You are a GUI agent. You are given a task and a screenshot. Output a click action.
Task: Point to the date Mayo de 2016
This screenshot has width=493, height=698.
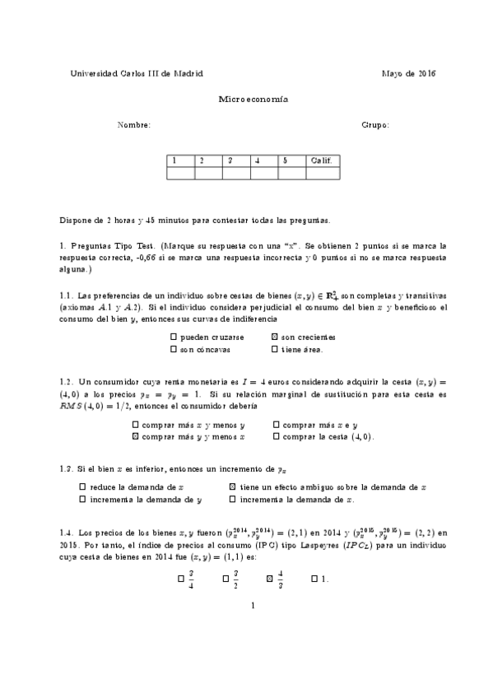(409, 73)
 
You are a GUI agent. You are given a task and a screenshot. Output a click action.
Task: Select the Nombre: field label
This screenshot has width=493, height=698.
(134, 125)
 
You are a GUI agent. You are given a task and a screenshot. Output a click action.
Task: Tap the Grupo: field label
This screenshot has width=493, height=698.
(375, 125)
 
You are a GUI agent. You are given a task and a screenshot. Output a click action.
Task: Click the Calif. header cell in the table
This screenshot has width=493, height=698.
(320, 161)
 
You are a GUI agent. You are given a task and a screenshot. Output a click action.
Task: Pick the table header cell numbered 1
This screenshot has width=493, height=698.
(180, 161)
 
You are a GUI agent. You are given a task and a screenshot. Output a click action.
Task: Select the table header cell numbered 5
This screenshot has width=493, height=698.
(291, 161)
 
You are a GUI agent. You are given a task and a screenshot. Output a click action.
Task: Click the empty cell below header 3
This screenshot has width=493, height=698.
(236, 173)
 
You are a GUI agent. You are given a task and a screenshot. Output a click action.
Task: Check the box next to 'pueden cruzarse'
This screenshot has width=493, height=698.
(173, 337)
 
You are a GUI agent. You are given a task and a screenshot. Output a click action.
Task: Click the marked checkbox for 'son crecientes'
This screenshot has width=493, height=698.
(274, 337)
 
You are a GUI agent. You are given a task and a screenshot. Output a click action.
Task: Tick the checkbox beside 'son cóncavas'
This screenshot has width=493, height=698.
(173, 349)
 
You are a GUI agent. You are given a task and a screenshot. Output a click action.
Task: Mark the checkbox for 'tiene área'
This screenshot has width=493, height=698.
(274, 349)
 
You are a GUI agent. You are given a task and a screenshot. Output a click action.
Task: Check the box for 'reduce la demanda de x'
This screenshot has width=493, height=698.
(82, 487)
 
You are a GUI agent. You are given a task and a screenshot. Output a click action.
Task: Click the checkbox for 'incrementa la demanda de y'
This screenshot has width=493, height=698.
(82, 499)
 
